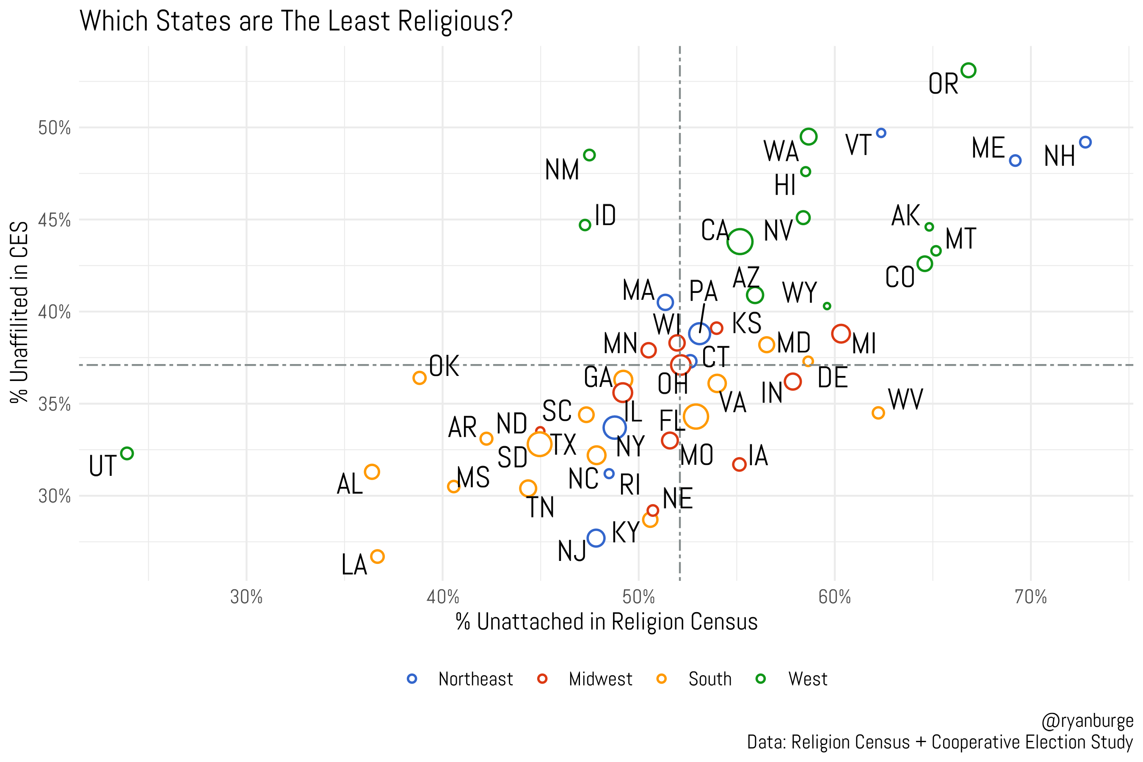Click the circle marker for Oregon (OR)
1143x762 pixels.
pos(968,70)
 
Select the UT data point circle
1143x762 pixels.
pos(127,453)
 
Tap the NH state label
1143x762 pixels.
pos(1060,157)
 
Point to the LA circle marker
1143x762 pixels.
pos(377,556)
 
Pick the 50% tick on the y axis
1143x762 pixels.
pos(55,128)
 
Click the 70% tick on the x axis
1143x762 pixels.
pos(1030,597)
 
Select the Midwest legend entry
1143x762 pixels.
pos(600,679)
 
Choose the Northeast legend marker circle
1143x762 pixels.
pos(412,679)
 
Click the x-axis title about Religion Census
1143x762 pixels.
pos(607,622)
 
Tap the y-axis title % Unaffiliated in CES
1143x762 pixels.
pos(19,312)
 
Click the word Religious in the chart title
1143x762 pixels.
pos(455,22)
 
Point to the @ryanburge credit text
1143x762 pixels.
pos(1087,721)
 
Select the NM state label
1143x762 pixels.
pos(562,170)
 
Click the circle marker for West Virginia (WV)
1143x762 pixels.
pos(878,413)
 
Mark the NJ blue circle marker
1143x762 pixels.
pos(596,538)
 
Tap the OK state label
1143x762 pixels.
pos(444,367)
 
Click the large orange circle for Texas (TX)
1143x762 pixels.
pos(539,444)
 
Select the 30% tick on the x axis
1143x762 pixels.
pos(246,597)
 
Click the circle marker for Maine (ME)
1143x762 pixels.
pos(1015,160)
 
